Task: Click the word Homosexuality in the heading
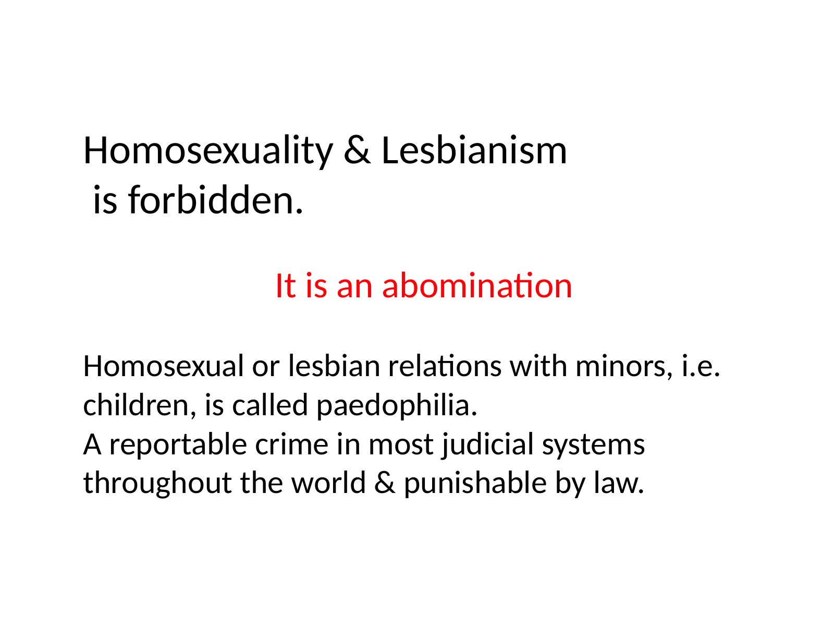click(x=208, y=151)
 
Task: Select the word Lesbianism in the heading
click(x=474, y=151)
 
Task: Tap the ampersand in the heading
click(x=357, y=151)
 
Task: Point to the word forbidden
click(x=215, y=200)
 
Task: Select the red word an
click(x=354, y=288)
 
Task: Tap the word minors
click(x=624, y=366)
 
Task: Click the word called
click(x=270, y=405)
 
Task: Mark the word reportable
click(x=178, y=444)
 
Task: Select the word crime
click(x=291, y=444)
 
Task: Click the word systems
click(x=593, y=447)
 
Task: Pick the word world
click(x=328, y=483)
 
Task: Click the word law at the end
click(x=618, y=483)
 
